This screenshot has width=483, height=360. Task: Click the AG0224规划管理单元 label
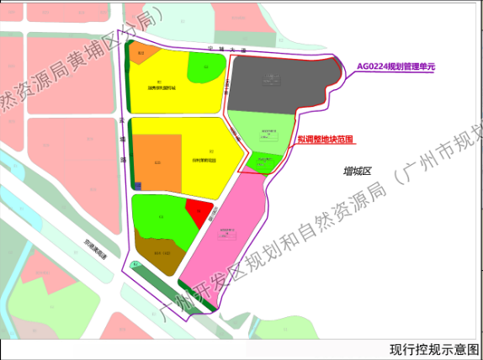tap(396, 65)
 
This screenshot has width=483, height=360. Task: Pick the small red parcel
tap(195, 214)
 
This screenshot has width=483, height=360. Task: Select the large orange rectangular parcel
tap(157, 161)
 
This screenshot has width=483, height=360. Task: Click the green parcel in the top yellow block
tap(204, 67)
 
